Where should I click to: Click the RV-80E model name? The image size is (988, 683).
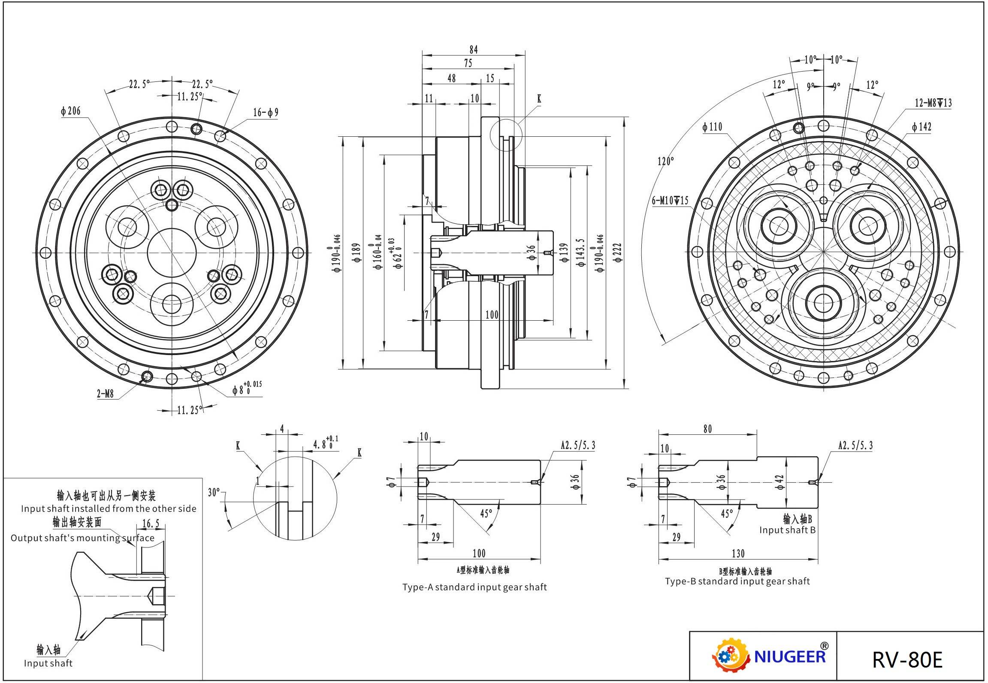tap(907, 659)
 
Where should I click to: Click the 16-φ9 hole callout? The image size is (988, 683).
tap(266, 113)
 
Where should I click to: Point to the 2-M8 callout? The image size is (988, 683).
tap(105, 394)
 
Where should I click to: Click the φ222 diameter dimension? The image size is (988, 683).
tap(618, 253)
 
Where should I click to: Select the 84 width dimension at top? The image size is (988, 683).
tap(473, 50)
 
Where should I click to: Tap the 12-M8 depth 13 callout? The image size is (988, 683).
tap(933, 103)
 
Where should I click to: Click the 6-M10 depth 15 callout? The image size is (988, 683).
tap(670, 200)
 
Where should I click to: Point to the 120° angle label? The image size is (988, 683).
tap(665, 161)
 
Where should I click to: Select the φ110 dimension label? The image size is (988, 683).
tap(713, 127)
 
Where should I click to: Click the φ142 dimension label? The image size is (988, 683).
tap(922, 127)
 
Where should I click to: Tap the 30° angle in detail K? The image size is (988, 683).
tap(214, 492)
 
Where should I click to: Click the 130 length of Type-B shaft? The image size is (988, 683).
tap(737, 554)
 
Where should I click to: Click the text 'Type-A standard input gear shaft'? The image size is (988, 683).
tap(474, 587)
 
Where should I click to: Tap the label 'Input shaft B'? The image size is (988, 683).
tap(787, 530)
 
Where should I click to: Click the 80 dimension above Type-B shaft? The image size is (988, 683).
tap(707, 429)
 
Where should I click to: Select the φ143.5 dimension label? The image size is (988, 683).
tap(581, 253)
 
